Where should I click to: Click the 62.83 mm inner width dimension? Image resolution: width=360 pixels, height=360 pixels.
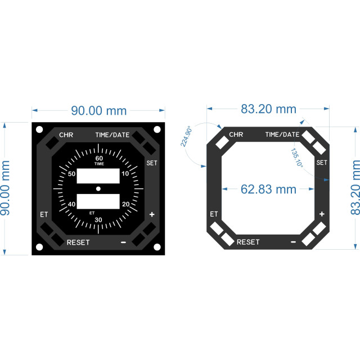268,190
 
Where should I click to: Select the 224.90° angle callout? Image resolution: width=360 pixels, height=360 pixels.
186,136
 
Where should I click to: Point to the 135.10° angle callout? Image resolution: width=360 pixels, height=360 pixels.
297,157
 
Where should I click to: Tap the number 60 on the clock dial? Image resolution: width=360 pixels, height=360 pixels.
99,158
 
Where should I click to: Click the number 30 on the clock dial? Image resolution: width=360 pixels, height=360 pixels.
98,220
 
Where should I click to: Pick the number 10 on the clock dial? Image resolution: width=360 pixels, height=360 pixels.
125,174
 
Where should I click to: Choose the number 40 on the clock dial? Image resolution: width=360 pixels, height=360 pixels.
71,204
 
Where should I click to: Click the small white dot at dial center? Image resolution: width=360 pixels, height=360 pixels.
98,189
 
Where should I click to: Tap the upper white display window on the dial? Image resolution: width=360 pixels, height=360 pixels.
98,176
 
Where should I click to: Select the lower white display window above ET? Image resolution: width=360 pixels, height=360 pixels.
98,201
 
